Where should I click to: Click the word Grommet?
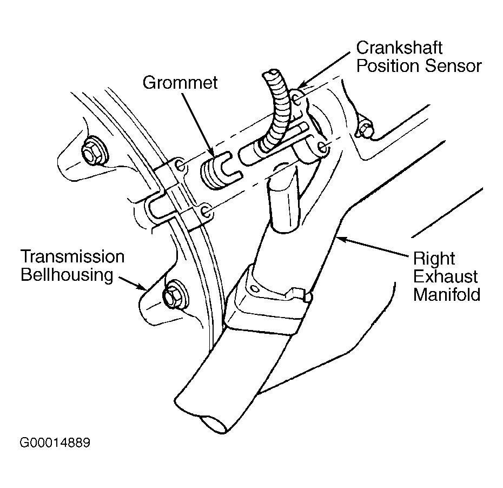[180, 82]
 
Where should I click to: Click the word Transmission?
[72, 256]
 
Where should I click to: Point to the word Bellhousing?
[67, 274]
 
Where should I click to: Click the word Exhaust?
[446, 276]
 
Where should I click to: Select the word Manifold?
[447, 295]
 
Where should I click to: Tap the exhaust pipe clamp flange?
[265, 308]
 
